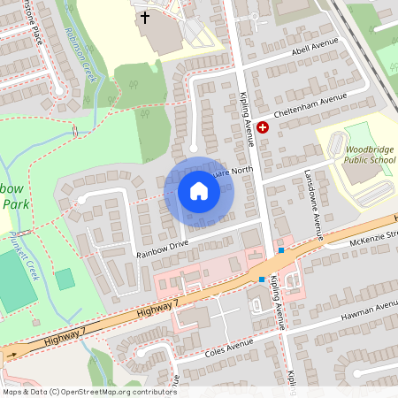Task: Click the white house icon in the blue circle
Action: [198, 191]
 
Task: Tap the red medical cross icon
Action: [263, 128]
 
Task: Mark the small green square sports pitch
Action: [65, 279]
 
